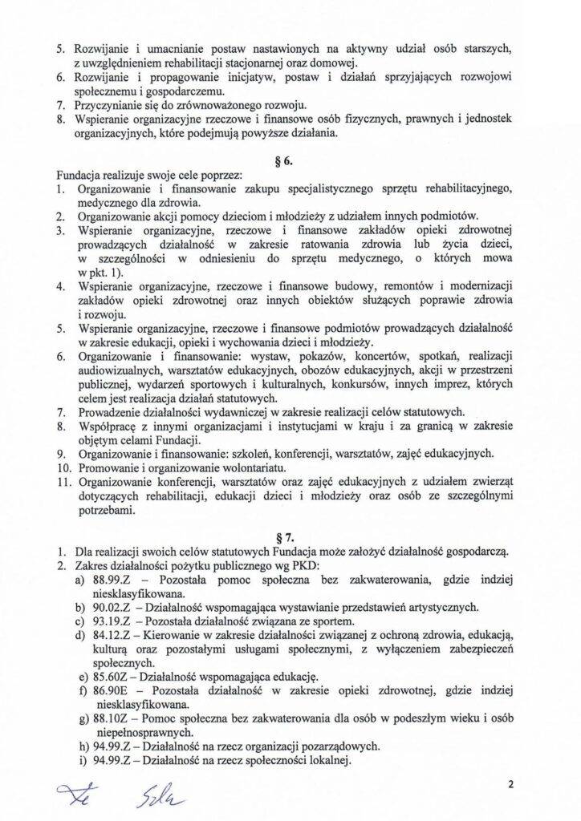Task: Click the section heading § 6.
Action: (x=290, y=160)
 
